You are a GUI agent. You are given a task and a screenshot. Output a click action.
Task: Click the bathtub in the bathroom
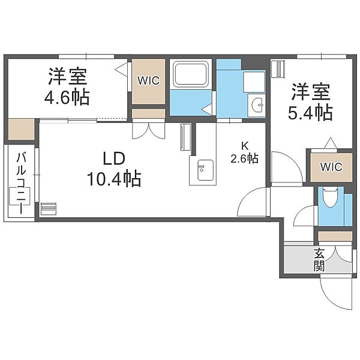pyautogui.click(x=191, y=74)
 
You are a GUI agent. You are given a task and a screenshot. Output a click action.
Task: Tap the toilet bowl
pyautogui.click(x=331, y=198)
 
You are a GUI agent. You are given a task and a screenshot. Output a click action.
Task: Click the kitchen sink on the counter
pyautogui.click(x=206, y=170)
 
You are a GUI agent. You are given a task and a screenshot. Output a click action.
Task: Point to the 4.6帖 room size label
pyautogui.click(x=67, y=98)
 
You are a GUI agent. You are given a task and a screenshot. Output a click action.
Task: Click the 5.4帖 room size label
pyautogui.click(x=310, y=113)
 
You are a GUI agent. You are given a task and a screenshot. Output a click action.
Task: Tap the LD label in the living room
pyautogui.click(x=114, y=159)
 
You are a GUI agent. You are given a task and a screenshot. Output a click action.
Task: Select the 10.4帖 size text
pyautogui.click(x=114, y=179)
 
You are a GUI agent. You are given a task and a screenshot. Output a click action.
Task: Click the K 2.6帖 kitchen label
pyautogui.click(x=245, y=152)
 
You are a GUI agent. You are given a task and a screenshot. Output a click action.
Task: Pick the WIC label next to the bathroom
pyautogui.click(x=148, y=80)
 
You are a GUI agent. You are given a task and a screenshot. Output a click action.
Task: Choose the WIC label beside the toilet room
pyautogui.click(x=331, y=167)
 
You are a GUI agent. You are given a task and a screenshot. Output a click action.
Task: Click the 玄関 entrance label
pyautogui.click(x=319, y=259)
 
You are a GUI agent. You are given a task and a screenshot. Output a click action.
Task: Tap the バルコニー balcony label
pyautogui.click(x=22, y=184)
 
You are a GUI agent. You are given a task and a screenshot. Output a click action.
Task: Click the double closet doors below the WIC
pyautogui.click(x=149, y=131)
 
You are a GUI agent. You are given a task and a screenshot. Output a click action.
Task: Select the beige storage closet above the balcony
pyautogui.click(x=22, y=129)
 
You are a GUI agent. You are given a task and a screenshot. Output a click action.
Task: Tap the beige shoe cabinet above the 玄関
pyautogui.click(x=335, y=236)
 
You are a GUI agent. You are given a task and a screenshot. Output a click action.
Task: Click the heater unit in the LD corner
pyautogui.click(x=49, y=208)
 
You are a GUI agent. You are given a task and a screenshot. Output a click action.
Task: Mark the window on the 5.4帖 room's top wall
pyautogui.click(x=322, y=56)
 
